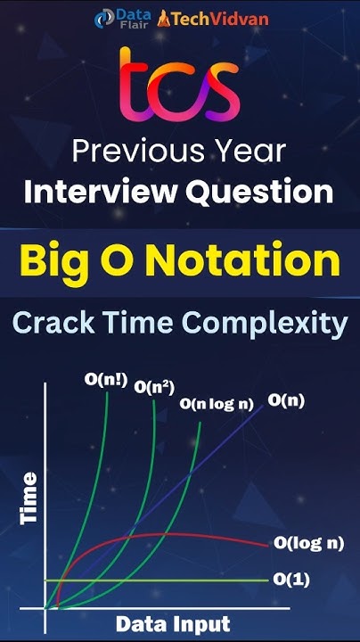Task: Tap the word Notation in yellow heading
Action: click(x=238, y=263)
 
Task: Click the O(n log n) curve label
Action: click(x=217, y=403)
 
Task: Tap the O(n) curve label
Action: click(x=286, y=400)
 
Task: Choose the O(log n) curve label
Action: click(x=308, y=542)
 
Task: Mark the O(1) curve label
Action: click(x=290, y=578)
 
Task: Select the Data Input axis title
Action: click(x=175, y=623)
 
